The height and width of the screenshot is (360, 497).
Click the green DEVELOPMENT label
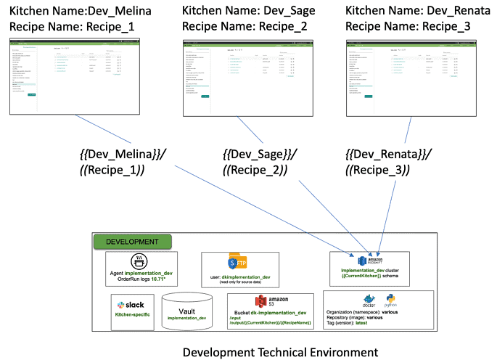pos(132,241)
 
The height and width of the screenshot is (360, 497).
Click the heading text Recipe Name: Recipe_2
pos(245,27)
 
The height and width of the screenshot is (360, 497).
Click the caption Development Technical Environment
pos(280,352)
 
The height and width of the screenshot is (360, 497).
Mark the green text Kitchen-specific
pos(131,315)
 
